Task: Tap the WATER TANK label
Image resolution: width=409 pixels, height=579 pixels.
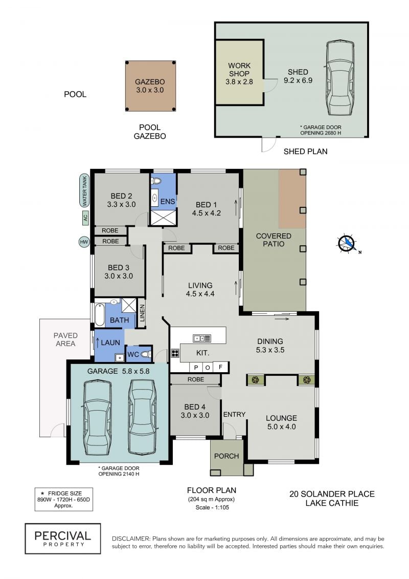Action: [84, 191]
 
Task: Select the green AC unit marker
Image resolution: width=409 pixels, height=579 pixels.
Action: [85, 218]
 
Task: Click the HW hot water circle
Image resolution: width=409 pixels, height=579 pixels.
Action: [84, 242]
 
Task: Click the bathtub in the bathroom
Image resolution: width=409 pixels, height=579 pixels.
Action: [100, 315]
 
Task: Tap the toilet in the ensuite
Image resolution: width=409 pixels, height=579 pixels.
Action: [156, 181]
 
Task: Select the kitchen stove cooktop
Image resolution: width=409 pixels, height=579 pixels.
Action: [175, 353]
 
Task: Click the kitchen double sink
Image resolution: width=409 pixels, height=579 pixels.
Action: [202, 338]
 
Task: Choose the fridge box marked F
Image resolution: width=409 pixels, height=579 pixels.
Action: [220, 367]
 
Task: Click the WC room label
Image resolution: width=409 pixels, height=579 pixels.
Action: [133, 354]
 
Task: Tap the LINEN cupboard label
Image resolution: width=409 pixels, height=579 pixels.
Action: [142, 313]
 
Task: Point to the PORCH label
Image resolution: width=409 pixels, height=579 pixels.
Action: [226, 456]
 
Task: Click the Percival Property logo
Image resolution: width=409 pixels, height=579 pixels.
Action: [63, 539]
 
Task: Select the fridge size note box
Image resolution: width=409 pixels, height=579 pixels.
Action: [64, 499]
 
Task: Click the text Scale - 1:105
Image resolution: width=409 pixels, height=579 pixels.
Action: [212, 507]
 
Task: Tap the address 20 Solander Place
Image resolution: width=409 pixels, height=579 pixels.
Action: [332, 494]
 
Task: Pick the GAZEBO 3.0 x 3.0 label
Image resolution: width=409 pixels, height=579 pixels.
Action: [150, 85]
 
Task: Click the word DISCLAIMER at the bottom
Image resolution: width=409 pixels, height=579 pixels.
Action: [131, 539]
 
